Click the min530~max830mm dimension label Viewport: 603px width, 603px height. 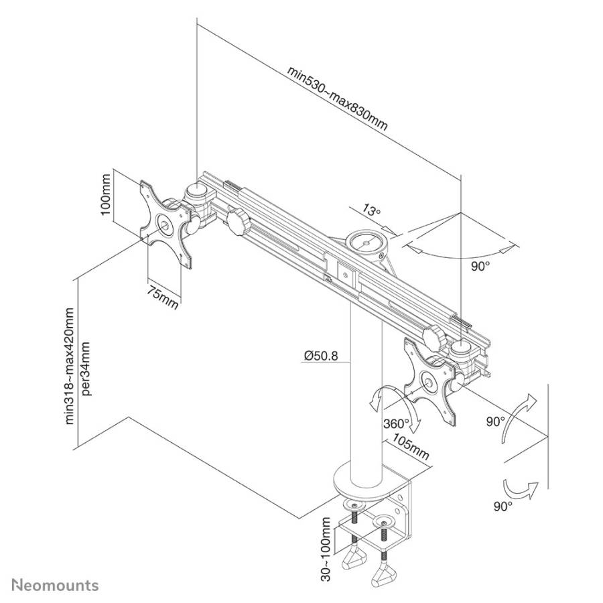(337, 98)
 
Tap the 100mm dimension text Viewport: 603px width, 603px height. (105, 194)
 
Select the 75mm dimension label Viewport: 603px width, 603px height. (162, 297)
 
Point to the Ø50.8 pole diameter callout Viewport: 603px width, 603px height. (321, 356)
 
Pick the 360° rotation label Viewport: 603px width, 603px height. (396, 423)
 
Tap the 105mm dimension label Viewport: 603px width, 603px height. (410, 446)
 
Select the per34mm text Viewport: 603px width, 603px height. (86, 368)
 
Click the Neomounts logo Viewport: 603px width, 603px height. (55, 586)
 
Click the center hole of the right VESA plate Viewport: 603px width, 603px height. (427, 382)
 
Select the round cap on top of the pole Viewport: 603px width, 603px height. (366, 243)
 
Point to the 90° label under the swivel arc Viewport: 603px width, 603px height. (480, 266)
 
